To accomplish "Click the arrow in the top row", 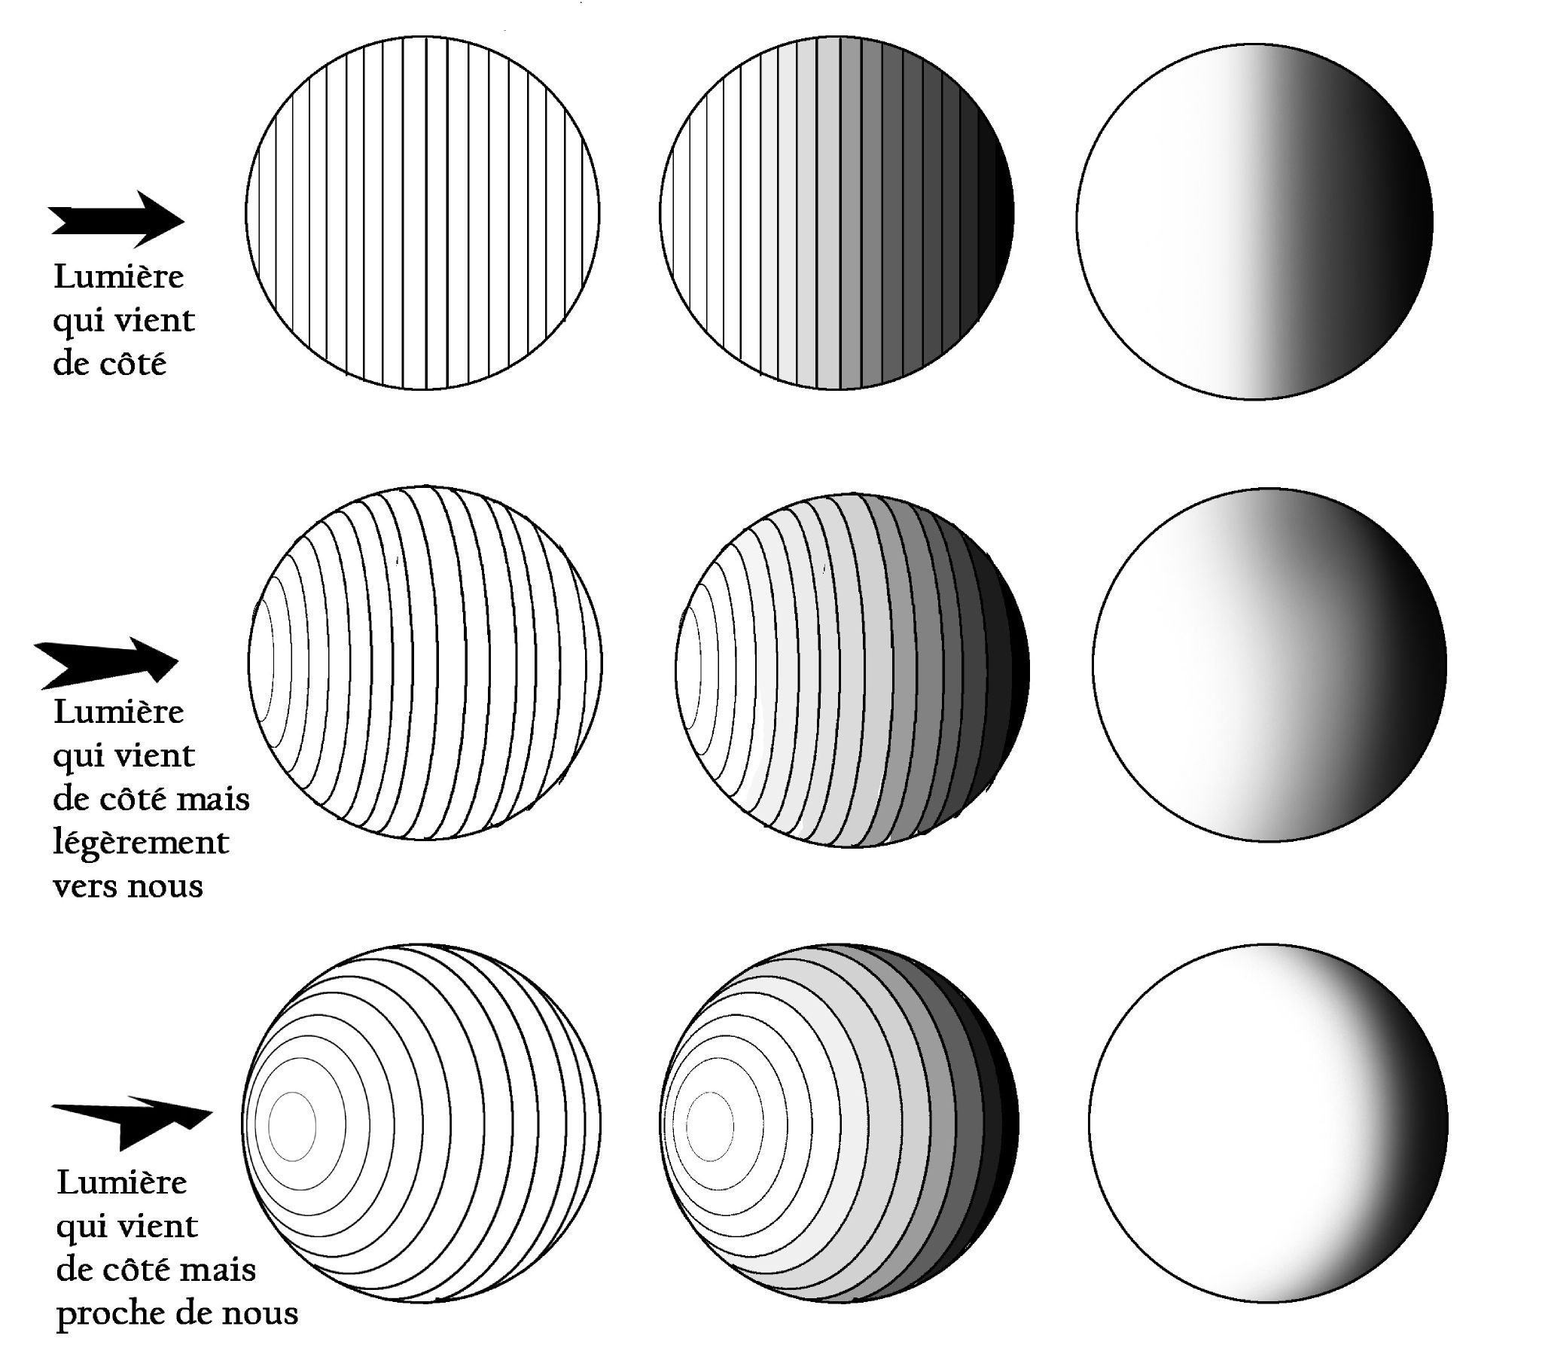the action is [117, 220].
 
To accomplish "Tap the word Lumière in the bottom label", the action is [121, 1181].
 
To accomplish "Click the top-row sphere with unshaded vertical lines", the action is [422, 213].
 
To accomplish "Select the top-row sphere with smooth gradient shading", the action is [1254, 221].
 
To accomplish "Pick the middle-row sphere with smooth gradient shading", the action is [1269, 664].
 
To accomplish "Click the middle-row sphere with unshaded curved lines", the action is [425, 663].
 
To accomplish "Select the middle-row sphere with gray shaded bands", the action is [852, 670].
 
